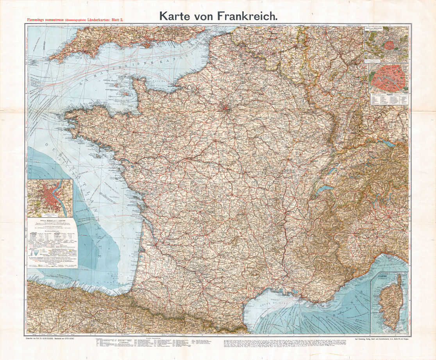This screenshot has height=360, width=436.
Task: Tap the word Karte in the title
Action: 174,16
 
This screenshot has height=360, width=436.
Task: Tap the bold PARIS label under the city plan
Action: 389,94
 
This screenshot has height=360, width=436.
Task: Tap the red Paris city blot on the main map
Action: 226,106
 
